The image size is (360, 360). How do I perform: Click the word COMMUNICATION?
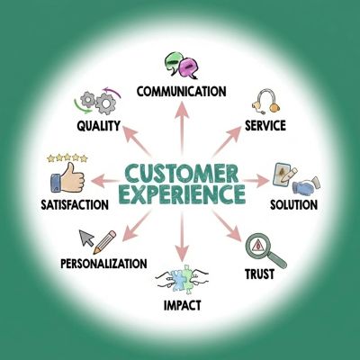click(181, 91)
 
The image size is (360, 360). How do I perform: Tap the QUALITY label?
click(98, 126)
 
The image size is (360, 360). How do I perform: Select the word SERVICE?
click(265, 125)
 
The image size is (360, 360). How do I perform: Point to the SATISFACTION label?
click(75, 205)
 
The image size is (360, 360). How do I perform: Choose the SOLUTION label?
click(293, 205)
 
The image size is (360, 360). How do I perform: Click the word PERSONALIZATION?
click(103, 264)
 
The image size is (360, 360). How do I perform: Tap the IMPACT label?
click(182, 305)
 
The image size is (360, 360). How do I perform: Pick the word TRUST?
click(259, 274)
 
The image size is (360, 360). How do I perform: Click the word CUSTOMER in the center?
click(182, 174)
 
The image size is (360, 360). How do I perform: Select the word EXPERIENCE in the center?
click(182, 194)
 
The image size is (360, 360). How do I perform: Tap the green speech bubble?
click(173, 62)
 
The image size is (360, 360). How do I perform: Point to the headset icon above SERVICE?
click(265, 101)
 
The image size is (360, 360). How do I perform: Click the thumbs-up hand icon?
click(67, 178)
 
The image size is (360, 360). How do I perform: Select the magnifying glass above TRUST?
click(265, 250)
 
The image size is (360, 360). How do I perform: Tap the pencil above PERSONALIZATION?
click(104, 242)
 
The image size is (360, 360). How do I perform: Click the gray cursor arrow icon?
click(86, 238)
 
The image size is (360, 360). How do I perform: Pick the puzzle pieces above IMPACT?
click(182, 277)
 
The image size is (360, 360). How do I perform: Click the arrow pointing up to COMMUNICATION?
click(182, 129)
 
